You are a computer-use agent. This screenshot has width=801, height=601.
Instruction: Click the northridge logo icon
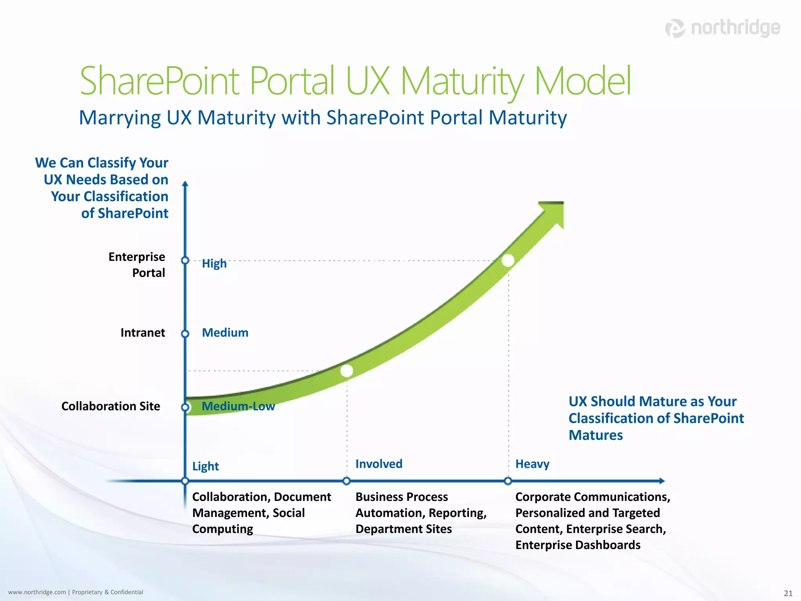tap(675, 29)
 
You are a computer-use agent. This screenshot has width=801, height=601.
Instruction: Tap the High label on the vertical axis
tap(214, 264)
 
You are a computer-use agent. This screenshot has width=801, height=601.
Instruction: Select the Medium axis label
tap(225, 333)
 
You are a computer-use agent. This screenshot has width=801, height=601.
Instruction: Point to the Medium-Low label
tap(238, 407)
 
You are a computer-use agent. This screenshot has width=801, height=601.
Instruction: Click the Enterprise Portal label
tap(137, 265)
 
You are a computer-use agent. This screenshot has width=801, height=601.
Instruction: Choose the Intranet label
tap(143, 333)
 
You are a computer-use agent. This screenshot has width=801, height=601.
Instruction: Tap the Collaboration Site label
tap(111, 407)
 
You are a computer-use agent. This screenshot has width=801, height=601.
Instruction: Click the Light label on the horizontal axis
tap(205, 466)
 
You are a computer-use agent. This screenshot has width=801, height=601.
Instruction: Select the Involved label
tap(379, 464)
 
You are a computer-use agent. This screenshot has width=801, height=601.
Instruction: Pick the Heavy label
tap(532, 464)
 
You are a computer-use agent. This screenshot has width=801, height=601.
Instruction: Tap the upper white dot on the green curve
tap(508, 261)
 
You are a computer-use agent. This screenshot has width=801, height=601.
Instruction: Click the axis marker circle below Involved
tap(347, 481)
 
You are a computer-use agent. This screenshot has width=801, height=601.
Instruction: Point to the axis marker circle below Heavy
tap(508, 481)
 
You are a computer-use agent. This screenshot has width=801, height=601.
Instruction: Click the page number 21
tap(788, 593)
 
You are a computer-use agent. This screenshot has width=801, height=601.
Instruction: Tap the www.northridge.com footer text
tap(37, 592)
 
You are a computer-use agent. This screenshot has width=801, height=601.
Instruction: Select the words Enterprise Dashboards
tap(578, 545)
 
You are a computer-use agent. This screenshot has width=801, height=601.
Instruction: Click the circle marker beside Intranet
tap(185, 334)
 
